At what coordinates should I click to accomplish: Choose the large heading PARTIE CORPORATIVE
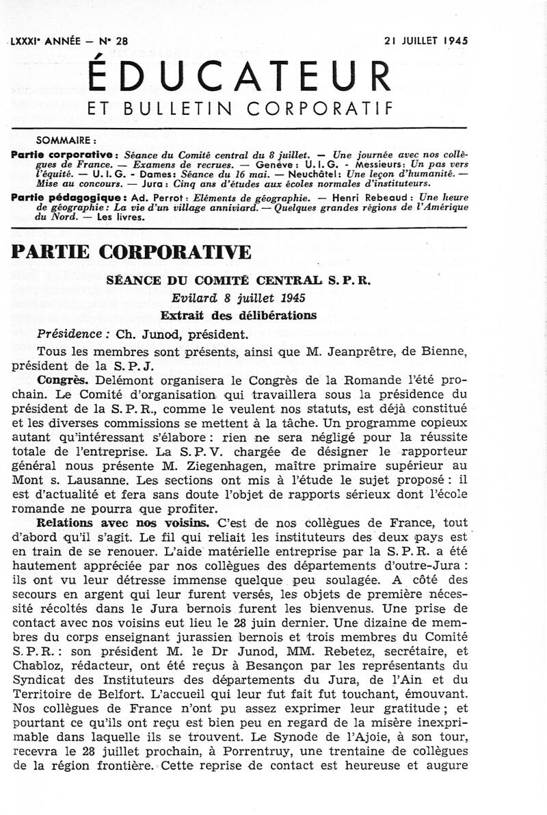click(x=131, y=251)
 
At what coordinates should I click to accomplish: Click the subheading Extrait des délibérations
click(x=238, y=315)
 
